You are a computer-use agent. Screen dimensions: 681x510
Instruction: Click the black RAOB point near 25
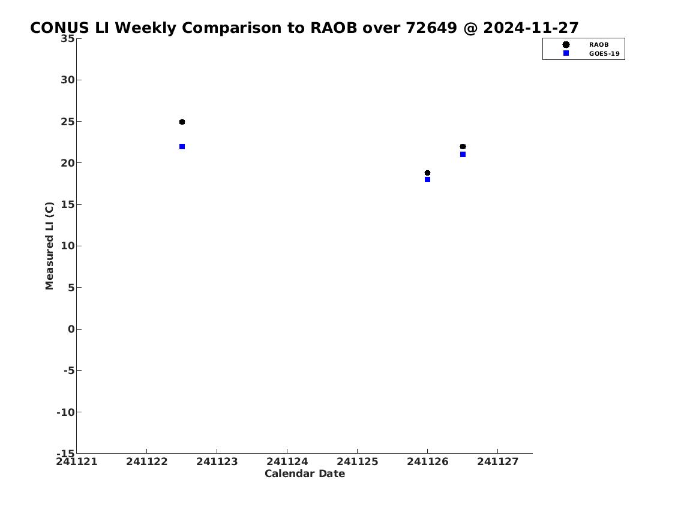(x=182, y=122)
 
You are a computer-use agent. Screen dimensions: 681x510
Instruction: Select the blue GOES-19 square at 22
(x=182, y=147)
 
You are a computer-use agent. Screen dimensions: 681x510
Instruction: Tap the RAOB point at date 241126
(x=427, y=173)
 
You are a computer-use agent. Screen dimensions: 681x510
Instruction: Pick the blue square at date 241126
(x=427, y=180)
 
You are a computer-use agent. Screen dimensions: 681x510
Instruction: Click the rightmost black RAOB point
(x=463, y=147)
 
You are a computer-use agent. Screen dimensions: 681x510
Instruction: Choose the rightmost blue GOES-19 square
(x=463, y=155)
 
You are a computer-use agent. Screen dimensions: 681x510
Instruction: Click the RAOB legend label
(x=599, y=45)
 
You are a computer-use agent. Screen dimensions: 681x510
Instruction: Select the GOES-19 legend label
(x=604, y=54)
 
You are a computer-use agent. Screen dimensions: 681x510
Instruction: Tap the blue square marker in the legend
(x=566, y=53)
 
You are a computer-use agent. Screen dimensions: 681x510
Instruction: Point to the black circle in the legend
(x=566, y=45)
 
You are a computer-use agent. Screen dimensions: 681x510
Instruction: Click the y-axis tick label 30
(x=68, y=80)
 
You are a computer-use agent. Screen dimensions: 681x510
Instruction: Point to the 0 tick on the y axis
(x=71, y=329)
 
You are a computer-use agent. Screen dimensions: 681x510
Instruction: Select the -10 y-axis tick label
(x=65, y=412)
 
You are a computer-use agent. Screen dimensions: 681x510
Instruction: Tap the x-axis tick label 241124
(x=287, y=461)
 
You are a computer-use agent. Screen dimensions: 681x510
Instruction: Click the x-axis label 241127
(x=498, y=461)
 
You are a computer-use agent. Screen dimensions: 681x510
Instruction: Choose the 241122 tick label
(x=147, y=461)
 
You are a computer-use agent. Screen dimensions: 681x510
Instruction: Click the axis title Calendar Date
(x=305, y=473)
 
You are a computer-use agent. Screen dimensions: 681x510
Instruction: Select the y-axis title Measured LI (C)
(x=50, y=246)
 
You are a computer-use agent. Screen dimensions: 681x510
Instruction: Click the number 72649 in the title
(x=431, y=28)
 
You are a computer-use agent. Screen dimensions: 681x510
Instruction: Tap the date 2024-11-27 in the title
(x=531, y=28)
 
